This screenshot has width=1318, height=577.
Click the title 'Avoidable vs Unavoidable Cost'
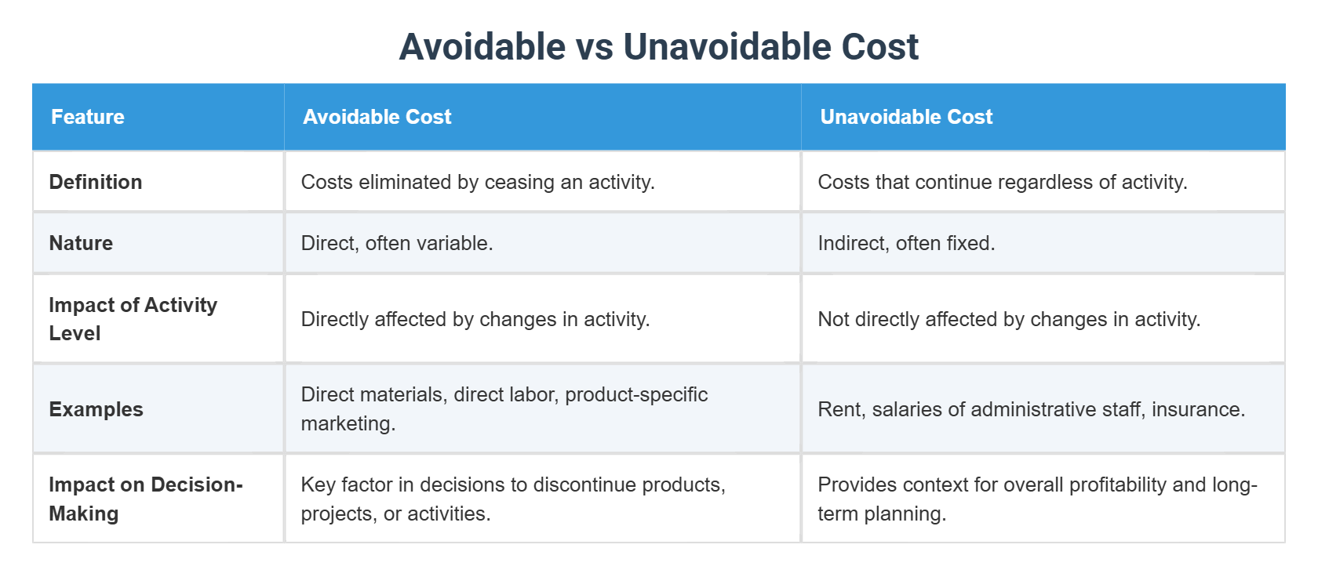click(658, 46)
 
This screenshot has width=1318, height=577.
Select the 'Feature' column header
click(88, 117)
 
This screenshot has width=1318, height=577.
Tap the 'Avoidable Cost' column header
click(377, 117)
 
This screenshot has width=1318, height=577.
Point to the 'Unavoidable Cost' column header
click(906, 117)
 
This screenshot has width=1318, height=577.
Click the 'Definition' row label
click(96, 182)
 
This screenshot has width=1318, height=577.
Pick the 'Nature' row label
click(81, 243)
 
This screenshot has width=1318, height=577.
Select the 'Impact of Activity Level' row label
click(133, 319)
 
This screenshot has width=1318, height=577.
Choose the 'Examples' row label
click(96, 408)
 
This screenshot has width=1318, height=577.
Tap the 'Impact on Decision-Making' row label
click(146, 499)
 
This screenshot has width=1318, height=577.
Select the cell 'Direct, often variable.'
click(397, 243)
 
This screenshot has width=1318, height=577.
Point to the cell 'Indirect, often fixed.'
click(906, 243)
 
